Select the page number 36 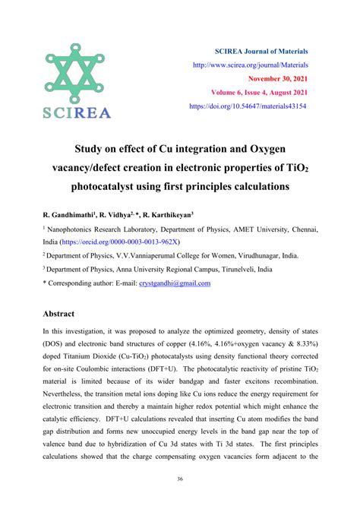click(180, 479)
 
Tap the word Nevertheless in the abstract click(69, 394)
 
